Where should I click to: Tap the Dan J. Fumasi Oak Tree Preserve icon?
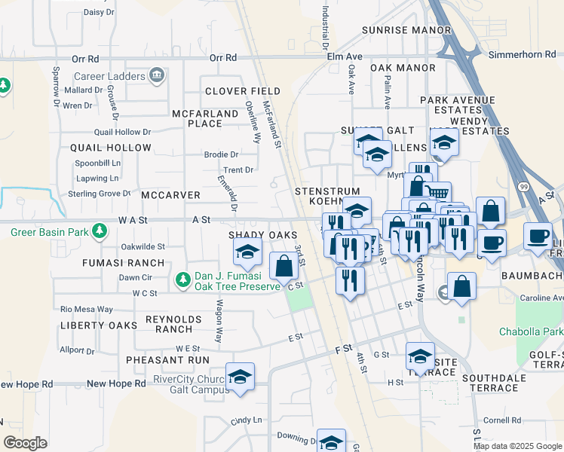pos(182,280)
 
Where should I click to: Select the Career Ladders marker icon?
pos(157,75)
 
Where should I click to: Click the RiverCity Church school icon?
pos(239,376)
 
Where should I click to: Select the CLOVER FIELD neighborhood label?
pos(243,91)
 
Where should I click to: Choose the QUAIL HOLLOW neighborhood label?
pos(111,148)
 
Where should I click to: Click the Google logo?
pos(25,443)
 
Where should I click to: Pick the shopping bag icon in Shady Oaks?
pos(284,265)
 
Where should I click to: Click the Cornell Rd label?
pos(503,420)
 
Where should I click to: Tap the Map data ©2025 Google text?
pos(516,446)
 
